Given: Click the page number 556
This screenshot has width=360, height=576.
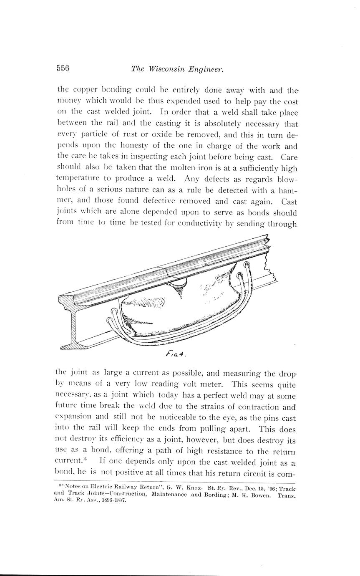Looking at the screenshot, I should pyautogui.click(x=63, y=68).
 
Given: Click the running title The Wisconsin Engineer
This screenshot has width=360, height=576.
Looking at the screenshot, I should pyautogui.click(x=177, y=69).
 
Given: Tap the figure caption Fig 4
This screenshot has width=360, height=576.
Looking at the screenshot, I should pyautogui.click(x=175, y=354).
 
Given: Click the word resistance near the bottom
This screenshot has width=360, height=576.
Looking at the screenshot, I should pyautogui.click(x=251, y=451).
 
